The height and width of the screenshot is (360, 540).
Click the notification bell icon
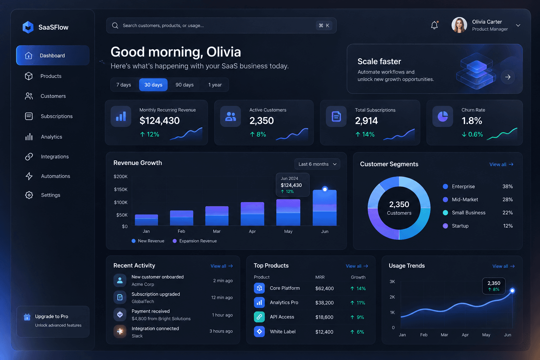435,25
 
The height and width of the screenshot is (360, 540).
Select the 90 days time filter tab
185,85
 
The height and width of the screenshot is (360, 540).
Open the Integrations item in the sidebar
55,157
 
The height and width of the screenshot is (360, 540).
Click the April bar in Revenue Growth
252,214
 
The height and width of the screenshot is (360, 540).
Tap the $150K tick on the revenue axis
121,189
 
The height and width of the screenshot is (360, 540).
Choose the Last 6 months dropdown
317,164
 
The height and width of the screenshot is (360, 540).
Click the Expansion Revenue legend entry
195,241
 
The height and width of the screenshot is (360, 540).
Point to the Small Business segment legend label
469,213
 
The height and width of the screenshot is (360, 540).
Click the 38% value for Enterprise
507,186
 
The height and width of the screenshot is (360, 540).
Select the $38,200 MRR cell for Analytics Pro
324,303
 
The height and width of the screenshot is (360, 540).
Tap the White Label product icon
259,332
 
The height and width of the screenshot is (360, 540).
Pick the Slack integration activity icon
120,332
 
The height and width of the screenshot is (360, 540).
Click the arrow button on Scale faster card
508,77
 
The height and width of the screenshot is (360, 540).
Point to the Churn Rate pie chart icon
443,116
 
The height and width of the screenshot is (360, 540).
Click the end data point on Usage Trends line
512,290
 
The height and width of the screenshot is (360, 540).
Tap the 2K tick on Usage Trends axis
392,297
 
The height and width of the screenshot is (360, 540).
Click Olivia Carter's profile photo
459,25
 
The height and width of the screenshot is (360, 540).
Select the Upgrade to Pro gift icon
27,317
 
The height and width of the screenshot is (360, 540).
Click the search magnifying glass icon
115,26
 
